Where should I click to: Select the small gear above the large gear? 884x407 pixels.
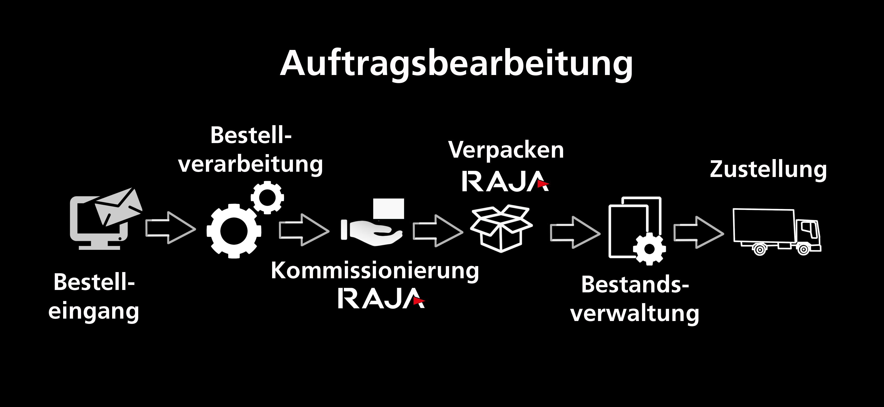(267, 198)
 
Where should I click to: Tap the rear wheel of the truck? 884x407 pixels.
(760, 249)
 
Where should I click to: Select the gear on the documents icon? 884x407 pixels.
(649, 249)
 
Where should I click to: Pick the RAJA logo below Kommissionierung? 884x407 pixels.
(381, 298)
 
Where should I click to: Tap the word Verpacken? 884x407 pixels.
(506, 150)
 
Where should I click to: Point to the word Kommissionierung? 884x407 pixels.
(375, 271)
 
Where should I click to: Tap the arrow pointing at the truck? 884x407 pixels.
(699, 232)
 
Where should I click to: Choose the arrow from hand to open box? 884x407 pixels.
(438, 230)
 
